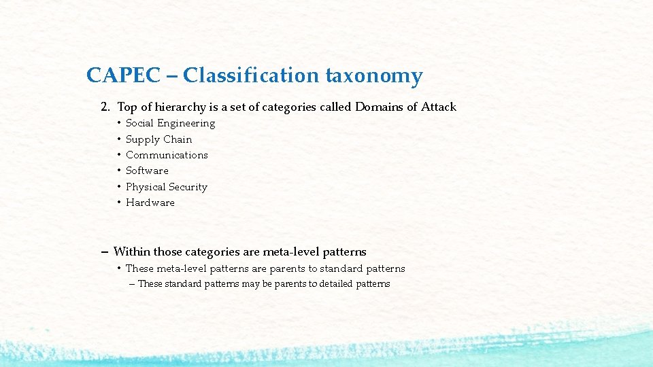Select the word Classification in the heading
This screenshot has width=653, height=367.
coord(251,75)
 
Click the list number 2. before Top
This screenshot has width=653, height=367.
coord(105,107)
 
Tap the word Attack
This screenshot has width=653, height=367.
coord(439,107)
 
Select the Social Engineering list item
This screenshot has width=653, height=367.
coord(170,123)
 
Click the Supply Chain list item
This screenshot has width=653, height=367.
coord(158,139)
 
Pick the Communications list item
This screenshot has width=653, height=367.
coord(167,155)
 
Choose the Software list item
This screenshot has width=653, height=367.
coord(147,171)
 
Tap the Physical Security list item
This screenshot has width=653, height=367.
coord(166,187)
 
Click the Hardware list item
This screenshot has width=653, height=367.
coord(150,203)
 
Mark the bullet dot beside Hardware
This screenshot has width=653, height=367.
coord(118,203)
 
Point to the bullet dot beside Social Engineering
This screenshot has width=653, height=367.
coord(118,123)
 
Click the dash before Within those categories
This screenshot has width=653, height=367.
coord(105,252)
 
